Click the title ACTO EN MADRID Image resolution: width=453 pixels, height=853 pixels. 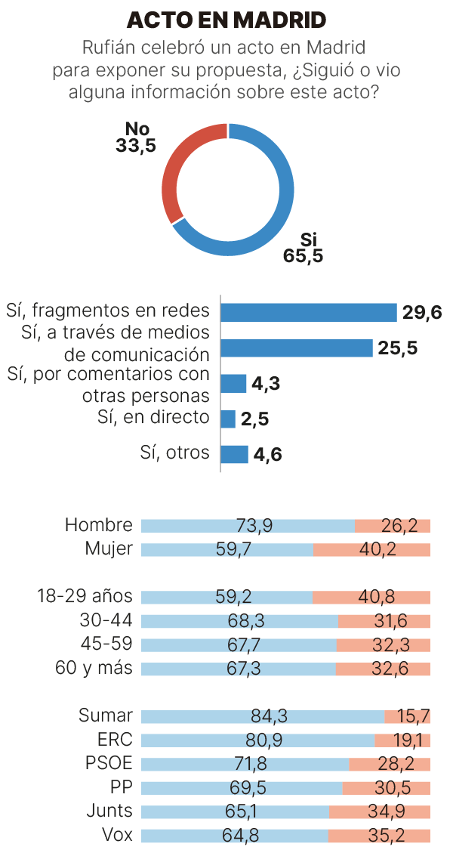(x=226, y=20)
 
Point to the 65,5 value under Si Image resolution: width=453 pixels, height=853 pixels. (x=304, y=256)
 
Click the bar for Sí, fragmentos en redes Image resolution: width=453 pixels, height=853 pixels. (x=308, y=313)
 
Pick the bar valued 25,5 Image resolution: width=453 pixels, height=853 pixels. (x=296, y=348)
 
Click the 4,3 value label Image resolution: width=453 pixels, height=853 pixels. (x=266, y=384)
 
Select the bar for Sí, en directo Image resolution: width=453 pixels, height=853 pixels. (x=228, y=419)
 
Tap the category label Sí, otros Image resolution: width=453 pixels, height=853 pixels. (x=174, y=453)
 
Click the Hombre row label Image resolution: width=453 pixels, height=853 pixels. (x=98, y=525)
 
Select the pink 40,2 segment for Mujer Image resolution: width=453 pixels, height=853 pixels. (x=371, y=549)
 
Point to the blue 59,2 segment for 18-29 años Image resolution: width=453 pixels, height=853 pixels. (x=226, y=597)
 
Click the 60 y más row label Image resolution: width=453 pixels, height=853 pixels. (x=94, y=668)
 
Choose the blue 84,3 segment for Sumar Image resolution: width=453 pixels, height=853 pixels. (x=263, y=716)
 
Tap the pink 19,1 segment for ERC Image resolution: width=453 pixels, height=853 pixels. (x=402, y=740)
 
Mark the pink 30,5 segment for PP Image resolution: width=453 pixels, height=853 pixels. (x=386, y=787)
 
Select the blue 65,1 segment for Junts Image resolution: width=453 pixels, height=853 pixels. (x=235, y=811)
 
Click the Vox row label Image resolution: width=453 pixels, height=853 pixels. (x=116, y=835)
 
